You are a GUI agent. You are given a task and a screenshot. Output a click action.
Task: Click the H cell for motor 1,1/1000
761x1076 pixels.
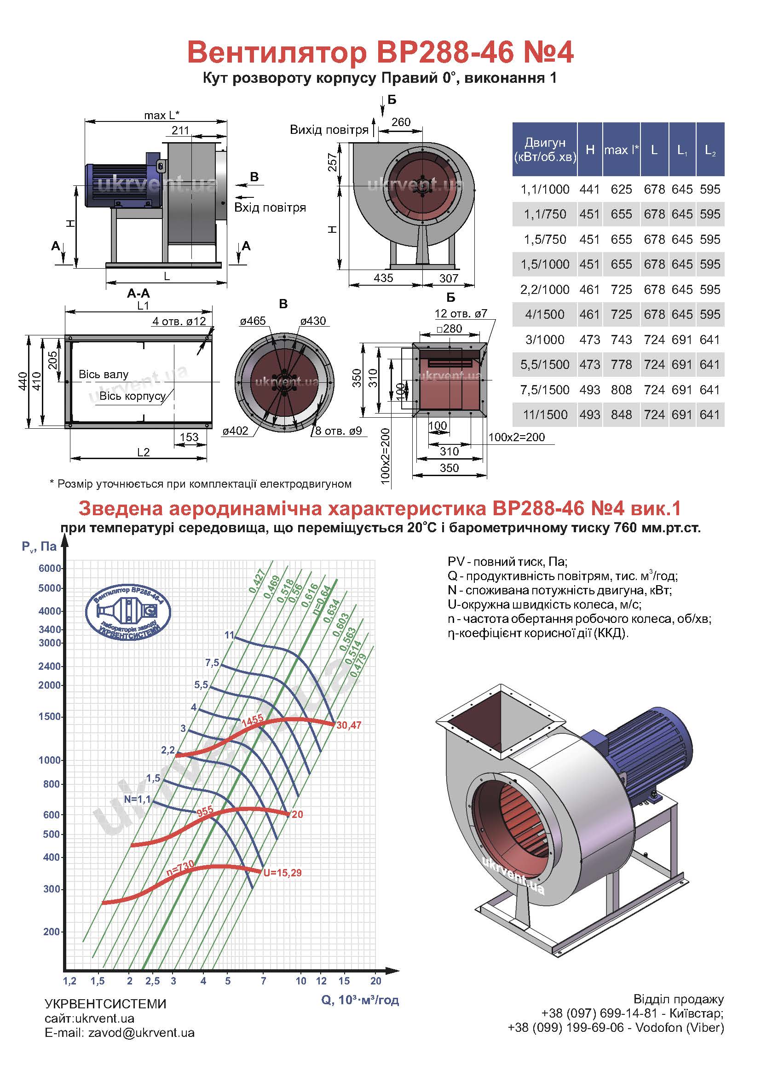point(589,190)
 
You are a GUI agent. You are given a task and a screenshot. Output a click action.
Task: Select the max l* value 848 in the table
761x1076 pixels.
point(621,415)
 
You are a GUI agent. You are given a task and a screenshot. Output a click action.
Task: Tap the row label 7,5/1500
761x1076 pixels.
point(545,390)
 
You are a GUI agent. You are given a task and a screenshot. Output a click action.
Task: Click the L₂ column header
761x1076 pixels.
point(710,150)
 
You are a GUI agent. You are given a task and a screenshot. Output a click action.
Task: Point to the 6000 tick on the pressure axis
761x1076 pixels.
point(50,569)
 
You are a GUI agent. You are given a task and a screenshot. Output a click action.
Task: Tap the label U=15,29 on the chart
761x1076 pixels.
point(282,873)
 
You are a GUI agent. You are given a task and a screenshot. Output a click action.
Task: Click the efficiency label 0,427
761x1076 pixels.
point(257,581)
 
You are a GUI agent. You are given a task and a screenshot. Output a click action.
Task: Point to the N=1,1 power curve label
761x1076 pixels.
point(137,799)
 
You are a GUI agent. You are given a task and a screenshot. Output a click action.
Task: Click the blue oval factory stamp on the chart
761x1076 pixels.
point(128,612)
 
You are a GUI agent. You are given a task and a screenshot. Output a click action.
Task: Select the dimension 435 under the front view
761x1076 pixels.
point(383,278)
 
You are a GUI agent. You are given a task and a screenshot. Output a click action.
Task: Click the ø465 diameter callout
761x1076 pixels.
point(253,321)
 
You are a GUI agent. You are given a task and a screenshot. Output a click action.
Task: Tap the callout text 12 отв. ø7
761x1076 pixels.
point(461,314)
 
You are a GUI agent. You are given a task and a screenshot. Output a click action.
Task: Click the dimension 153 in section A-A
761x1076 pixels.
point(189,437)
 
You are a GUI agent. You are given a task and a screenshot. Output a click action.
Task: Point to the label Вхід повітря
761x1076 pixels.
point(270,207)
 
